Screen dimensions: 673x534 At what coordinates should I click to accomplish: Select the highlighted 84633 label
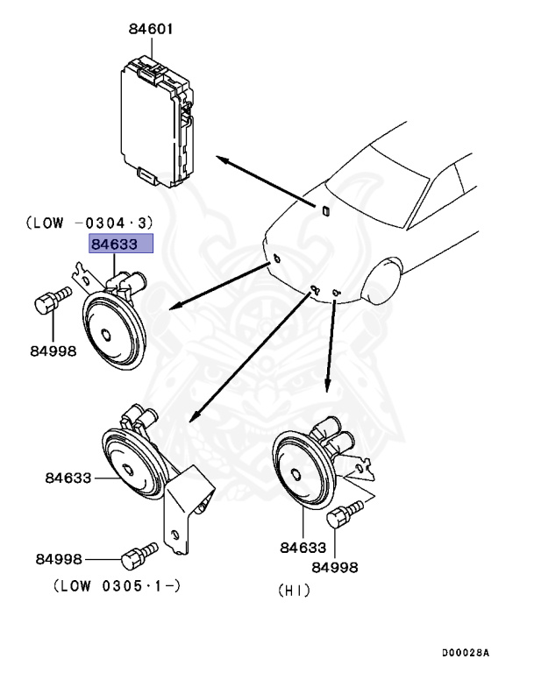119,244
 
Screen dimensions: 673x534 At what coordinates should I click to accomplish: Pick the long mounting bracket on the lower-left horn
183,517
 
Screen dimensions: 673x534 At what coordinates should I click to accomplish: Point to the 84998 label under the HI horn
337,567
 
